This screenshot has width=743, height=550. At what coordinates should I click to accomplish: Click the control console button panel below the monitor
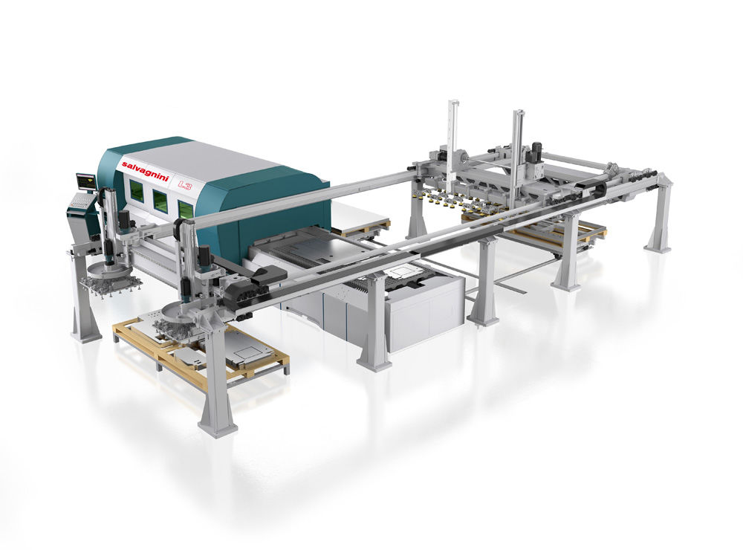pos(80,202)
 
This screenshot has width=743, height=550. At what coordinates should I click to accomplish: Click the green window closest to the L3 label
pos(184,209)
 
